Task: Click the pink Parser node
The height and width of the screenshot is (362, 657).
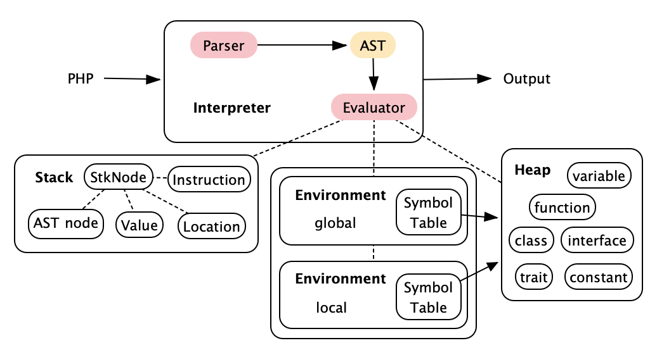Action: coord(223,45)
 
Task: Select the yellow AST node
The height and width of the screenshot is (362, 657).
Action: coord(372,45)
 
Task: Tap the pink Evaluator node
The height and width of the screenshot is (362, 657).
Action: coord(374,108)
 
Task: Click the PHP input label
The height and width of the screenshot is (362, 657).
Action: coord(81,78)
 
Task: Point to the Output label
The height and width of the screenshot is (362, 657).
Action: coord(527,78)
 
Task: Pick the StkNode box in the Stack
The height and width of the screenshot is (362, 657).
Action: coord(119,177)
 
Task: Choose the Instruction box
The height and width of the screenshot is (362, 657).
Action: coord(209,179)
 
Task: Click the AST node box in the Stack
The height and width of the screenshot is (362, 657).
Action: coord(66,223)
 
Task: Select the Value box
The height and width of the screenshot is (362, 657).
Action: coord(140,225)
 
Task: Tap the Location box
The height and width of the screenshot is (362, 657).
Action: coord(212,226)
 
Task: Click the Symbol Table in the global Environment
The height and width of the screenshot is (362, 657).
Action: coord(428,213)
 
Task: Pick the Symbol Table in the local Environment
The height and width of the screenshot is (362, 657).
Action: coord(428,297)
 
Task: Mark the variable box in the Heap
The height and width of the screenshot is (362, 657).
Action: coord(599,175)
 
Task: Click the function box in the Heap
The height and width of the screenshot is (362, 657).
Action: coord(562,207)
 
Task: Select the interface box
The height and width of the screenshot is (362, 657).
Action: coord(597,240)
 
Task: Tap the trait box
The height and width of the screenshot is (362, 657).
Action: coord(534,277)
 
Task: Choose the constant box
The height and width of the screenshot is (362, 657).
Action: coord(599,277)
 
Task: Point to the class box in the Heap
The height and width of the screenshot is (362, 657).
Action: coord(531,240)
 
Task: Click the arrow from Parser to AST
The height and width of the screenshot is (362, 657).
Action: coord(302,45)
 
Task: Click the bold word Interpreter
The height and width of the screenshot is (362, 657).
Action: coord(231,108)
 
